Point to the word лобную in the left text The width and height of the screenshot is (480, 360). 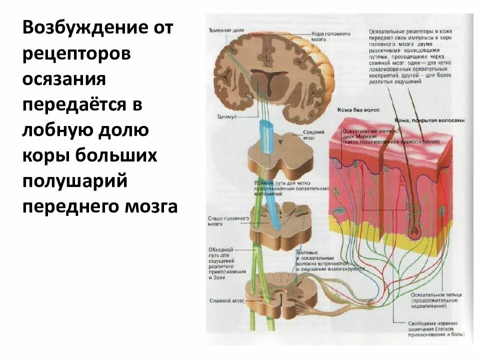click(55, 130)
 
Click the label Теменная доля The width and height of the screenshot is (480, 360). click(226, 30)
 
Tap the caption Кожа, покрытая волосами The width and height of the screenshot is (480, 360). click(437, 120)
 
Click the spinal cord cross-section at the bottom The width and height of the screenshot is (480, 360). click(282, 295)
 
